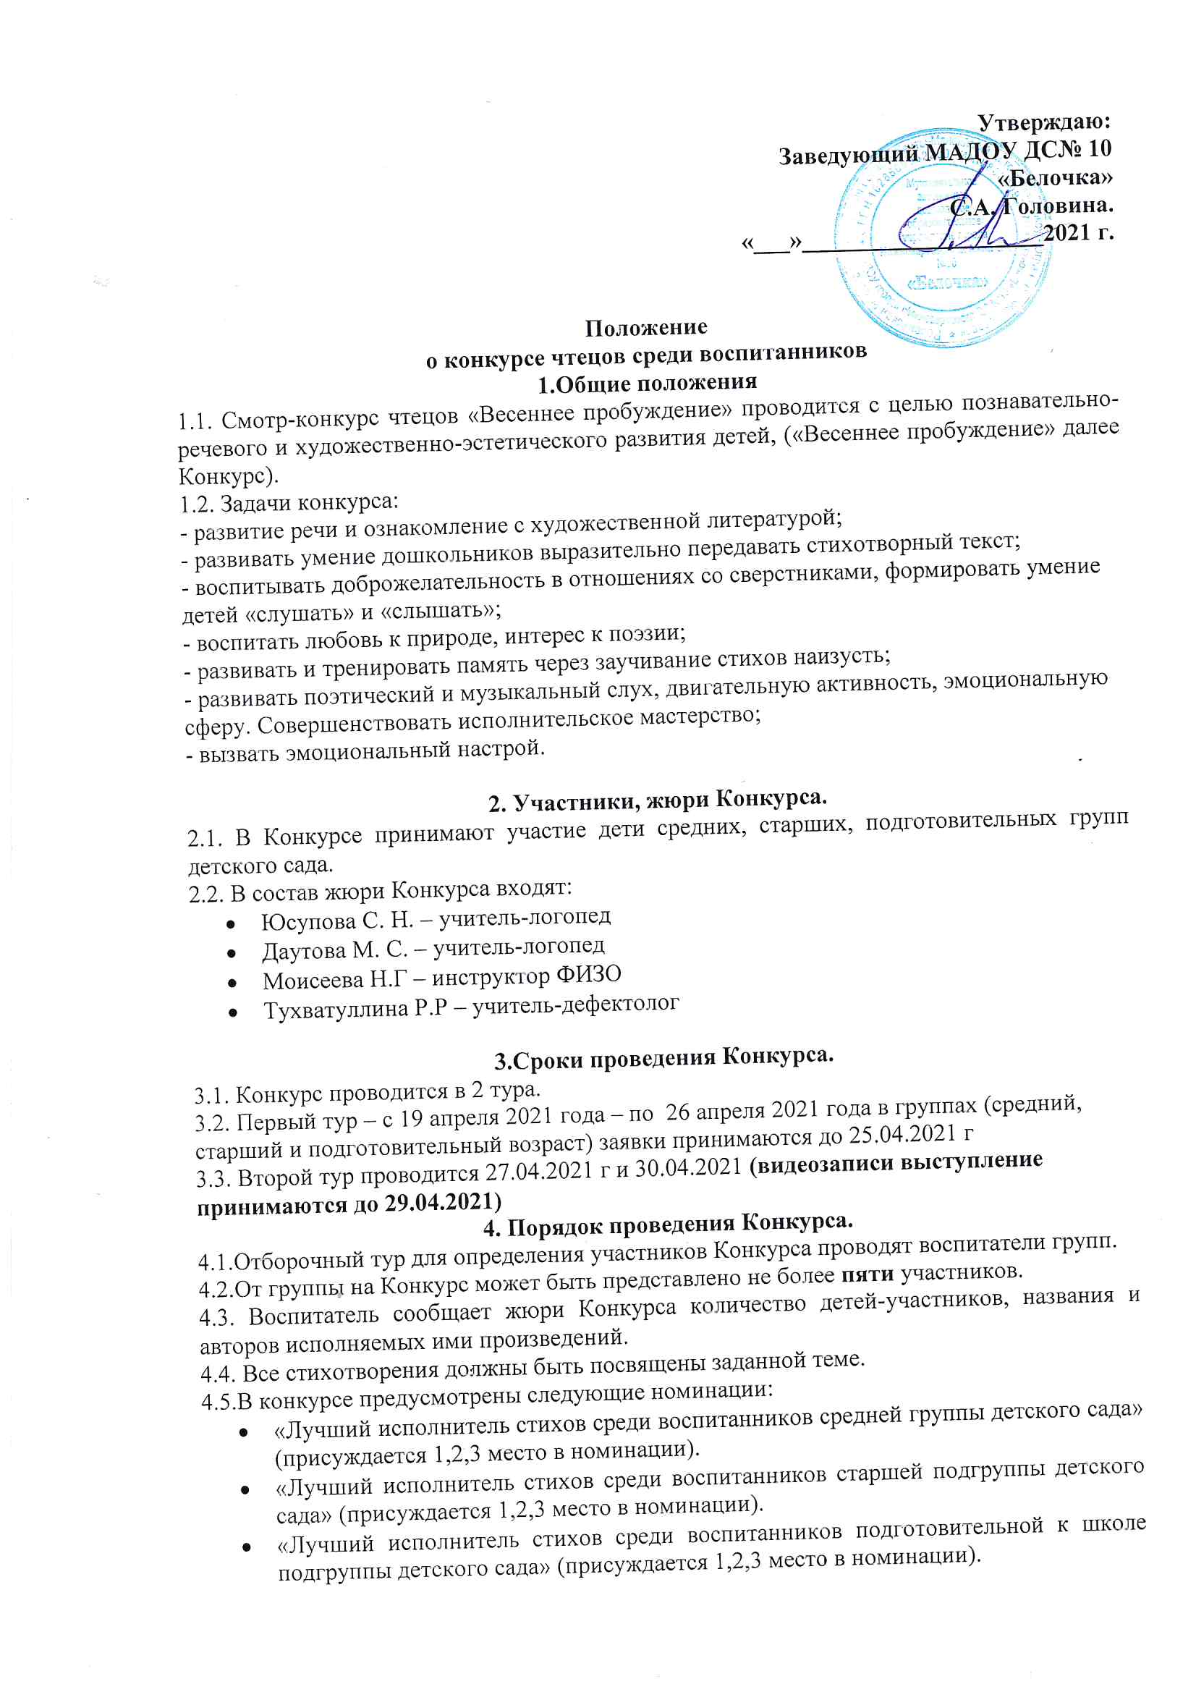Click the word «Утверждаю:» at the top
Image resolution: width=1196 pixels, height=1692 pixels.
1044,122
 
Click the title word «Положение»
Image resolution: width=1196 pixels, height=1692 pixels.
646,327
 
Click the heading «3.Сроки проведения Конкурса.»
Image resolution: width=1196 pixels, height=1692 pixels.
663,1059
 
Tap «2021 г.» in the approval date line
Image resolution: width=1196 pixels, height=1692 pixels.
1078,233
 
